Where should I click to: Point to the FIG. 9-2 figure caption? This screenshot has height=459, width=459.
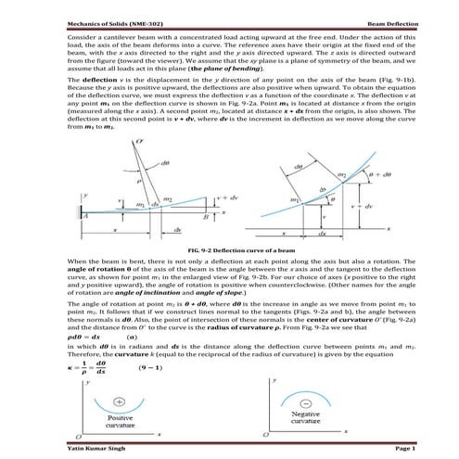[x=229, y=250]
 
